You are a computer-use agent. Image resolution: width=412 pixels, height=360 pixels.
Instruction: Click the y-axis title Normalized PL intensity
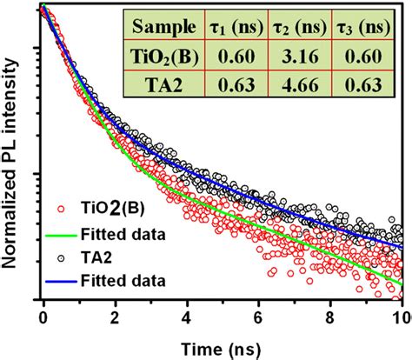click(x=13, y=165)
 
